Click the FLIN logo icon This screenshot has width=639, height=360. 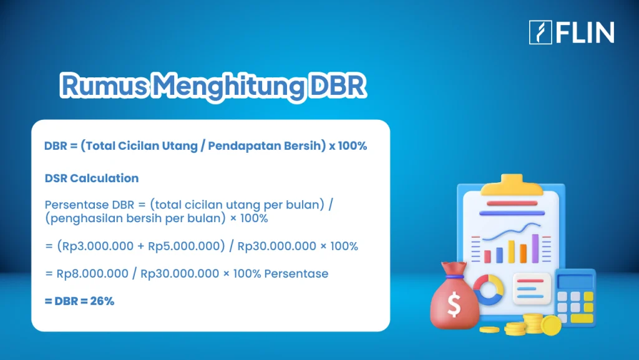pyautogui.click(x=540, y=32)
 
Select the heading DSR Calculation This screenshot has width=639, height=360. pyautogui.click(x=92, y=178)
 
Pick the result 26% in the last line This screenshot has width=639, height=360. pyautogui.click(x=102, y=301)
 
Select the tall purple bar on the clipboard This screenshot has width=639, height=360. pyautogui.click(x=535, y=248)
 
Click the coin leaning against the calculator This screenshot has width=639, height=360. pyautogui.click(x=551, y=324)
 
